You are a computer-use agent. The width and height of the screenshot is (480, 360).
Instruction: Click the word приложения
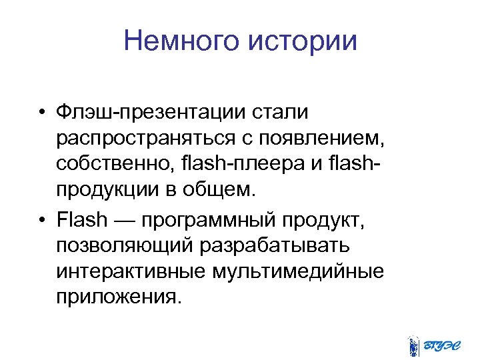[118, 296]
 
